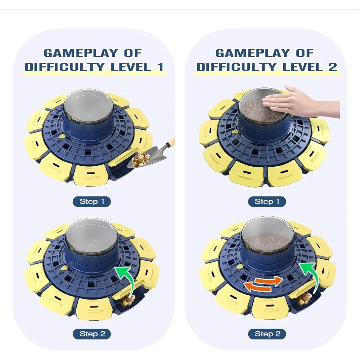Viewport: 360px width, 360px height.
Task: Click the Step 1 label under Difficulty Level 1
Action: click(x=91, y=202)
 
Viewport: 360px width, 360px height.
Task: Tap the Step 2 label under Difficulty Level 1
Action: click(x=91, y=334)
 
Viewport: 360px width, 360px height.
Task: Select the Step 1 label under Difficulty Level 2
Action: click(x=267, y=202)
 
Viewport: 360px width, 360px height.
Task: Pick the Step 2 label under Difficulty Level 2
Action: click(x=267, y=334)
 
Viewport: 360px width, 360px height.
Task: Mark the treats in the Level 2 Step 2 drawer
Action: click(x=305, y=298)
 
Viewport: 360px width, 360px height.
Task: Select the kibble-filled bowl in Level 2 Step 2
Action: click(x=267, y=238)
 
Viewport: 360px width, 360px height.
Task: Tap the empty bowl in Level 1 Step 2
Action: click(x=91, y=238)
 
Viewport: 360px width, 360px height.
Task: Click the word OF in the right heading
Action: click(x=305, y=53)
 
